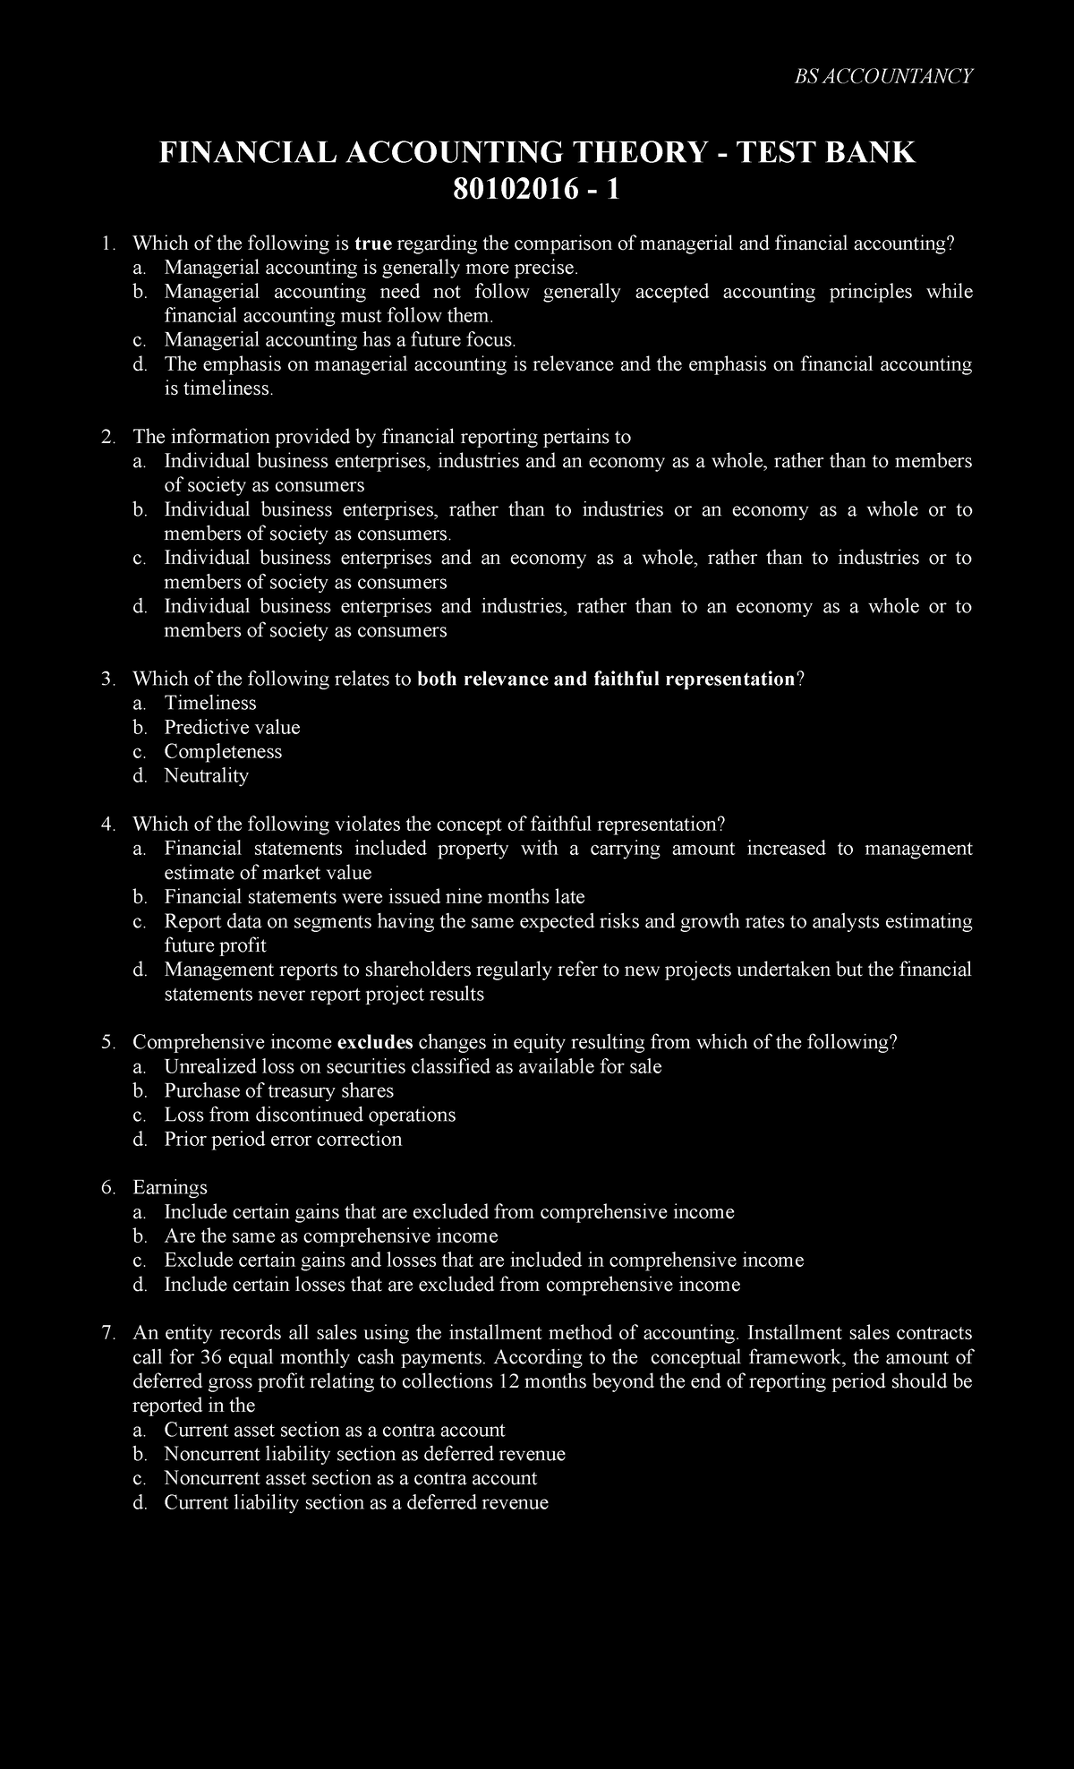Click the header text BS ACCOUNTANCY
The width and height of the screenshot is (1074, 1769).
pos(883,76)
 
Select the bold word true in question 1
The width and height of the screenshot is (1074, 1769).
pos(373,244)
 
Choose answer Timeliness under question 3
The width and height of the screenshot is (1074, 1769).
pos(210,704)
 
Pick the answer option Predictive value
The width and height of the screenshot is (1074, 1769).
pos(232,728)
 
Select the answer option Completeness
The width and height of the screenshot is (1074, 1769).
pos(223,752)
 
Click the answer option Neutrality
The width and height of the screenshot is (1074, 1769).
pos(206,776)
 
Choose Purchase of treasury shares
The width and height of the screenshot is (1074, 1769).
pos(278,1091)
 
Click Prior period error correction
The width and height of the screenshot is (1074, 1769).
pos(283,1140)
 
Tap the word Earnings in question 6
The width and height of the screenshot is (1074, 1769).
pos(170,1188)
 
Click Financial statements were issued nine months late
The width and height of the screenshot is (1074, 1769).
pos(374,897)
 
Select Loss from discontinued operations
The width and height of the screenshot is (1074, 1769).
pos(310,1115)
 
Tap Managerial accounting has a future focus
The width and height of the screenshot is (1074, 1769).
pos(339,340)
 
